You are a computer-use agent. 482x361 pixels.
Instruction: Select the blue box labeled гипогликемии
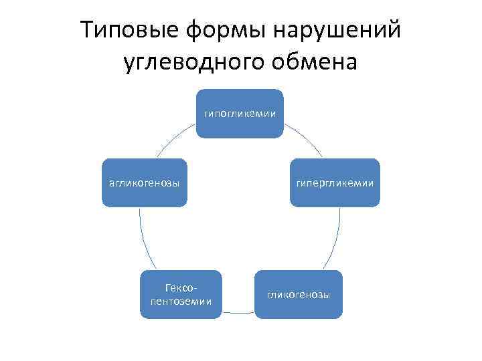tap(240, 113)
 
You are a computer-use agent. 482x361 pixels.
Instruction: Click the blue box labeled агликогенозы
tap(144, 183)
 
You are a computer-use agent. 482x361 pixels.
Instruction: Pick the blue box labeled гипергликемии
tap(335, 183)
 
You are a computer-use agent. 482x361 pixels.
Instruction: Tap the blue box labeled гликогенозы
tap(299, 294)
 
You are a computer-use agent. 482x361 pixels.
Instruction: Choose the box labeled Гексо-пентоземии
tap(181, 294)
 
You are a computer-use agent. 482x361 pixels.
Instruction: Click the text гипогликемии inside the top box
tap(240, 113)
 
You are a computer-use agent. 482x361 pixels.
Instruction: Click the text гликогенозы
tap(299, 295)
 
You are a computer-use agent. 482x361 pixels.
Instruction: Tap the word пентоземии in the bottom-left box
tap(181, 301)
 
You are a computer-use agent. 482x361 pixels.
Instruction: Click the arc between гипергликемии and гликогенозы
tap(335, 241)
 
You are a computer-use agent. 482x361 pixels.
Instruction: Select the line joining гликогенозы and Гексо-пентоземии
tap(239, 312)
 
